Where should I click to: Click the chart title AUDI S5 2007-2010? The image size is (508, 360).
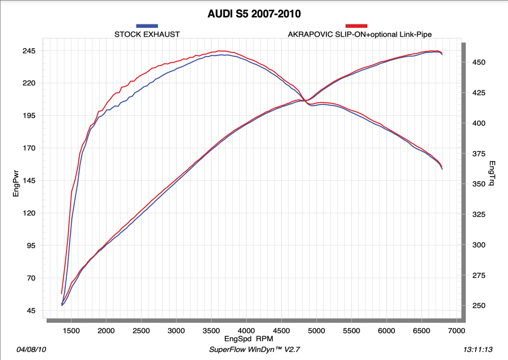click(254, 13)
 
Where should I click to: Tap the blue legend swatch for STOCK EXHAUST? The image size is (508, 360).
click(147, 25)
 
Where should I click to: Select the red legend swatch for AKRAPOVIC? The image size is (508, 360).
click(356, 25)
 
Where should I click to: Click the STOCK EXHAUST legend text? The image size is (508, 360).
click(147, 34)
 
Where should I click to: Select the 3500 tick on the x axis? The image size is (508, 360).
click(211, 330)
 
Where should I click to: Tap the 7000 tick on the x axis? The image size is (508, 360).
click(456, 330)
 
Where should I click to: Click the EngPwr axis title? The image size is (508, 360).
click(15, 183)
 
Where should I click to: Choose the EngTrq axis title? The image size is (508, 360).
click(492, 173)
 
